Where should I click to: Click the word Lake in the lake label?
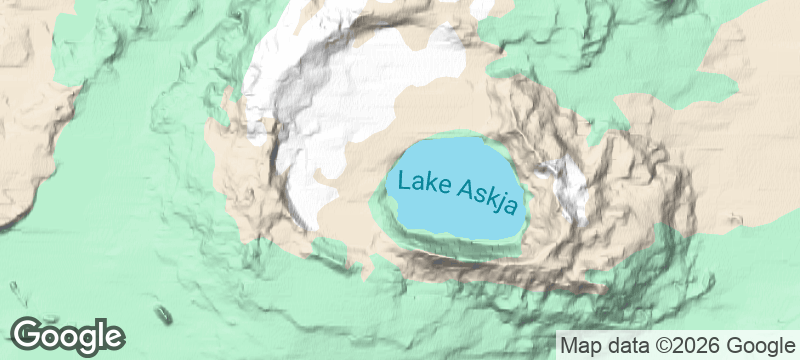point(420,183)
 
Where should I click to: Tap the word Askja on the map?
point(487,198)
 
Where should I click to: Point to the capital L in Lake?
point(403,180)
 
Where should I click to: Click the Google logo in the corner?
point(68,336)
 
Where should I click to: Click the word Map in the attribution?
point(579,345)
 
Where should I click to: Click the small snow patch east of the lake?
point(568,188)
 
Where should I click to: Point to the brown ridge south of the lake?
point(500,268)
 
